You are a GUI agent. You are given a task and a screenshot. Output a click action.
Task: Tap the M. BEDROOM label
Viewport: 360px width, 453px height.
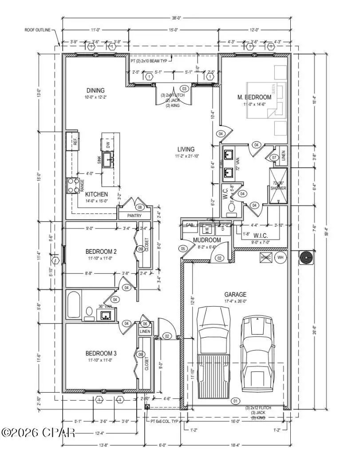pyautogui.click(x=254, y=97)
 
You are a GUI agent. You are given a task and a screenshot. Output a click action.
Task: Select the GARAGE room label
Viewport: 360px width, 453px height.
pyautogui.click(x=235, y=294)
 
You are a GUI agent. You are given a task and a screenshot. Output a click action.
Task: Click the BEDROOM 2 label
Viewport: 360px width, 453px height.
pyautogui.click(x=101, y=252)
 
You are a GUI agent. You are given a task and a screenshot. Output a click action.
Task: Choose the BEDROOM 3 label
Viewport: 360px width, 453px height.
pyautogui.click(x=101, y=353)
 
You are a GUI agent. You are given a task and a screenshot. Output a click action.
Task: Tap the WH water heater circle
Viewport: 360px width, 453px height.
pyautogui.click(x=281, y=257)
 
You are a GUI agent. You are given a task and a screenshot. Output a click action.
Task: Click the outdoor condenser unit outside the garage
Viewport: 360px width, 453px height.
pyautogui.click(x=305, y=258)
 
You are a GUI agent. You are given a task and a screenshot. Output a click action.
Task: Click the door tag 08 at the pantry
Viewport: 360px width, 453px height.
pyautogui.click(x=140, y=207)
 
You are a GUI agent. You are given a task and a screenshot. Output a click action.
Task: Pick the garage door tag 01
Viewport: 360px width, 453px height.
pyautogui.click(x=235, y=401)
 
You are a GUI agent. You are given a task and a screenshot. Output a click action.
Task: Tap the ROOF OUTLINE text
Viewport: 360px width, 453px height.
pyautogui.click(x=38, y=30)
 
